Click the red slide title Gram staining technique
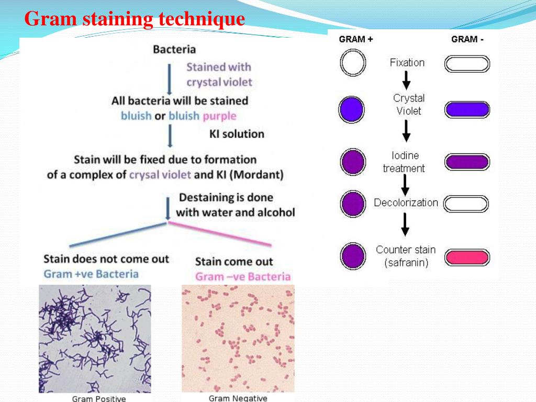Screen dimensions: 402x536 (x=135, y=19)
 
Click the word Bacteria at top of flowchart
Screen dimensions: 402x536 (x=174, y=50)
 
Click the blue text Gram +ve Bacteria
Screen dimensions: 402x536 (x=91, y=274)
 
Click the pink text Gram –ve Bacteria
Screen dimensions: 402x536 (x=242, y=277)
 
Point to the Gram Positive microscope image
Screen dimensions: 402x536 (x=95, y=338)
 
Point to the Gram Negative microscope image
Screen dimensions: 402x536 (x=238, y=338)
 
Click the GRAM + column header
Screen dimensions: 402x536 (x=356, y=39)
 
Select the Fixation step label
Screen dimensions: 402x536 (x=407, y=63)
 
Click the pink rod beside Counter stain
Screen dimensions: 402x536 (x=467, y=258)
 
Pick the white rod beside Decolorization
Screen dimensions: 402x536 (x=466, y=204)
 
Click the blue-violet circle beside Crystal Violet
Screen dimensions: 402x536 (x=352, y=109)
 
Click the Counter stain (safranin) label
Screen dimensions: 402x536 (x=406, y=256)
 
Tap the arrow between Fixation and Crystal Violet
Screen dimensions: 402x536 (x=406, y=80)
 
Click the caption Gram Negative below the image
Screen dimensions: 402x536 (x=238, y=398)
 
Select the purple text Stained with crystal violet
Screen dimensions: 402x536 (x=219, y=74)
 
